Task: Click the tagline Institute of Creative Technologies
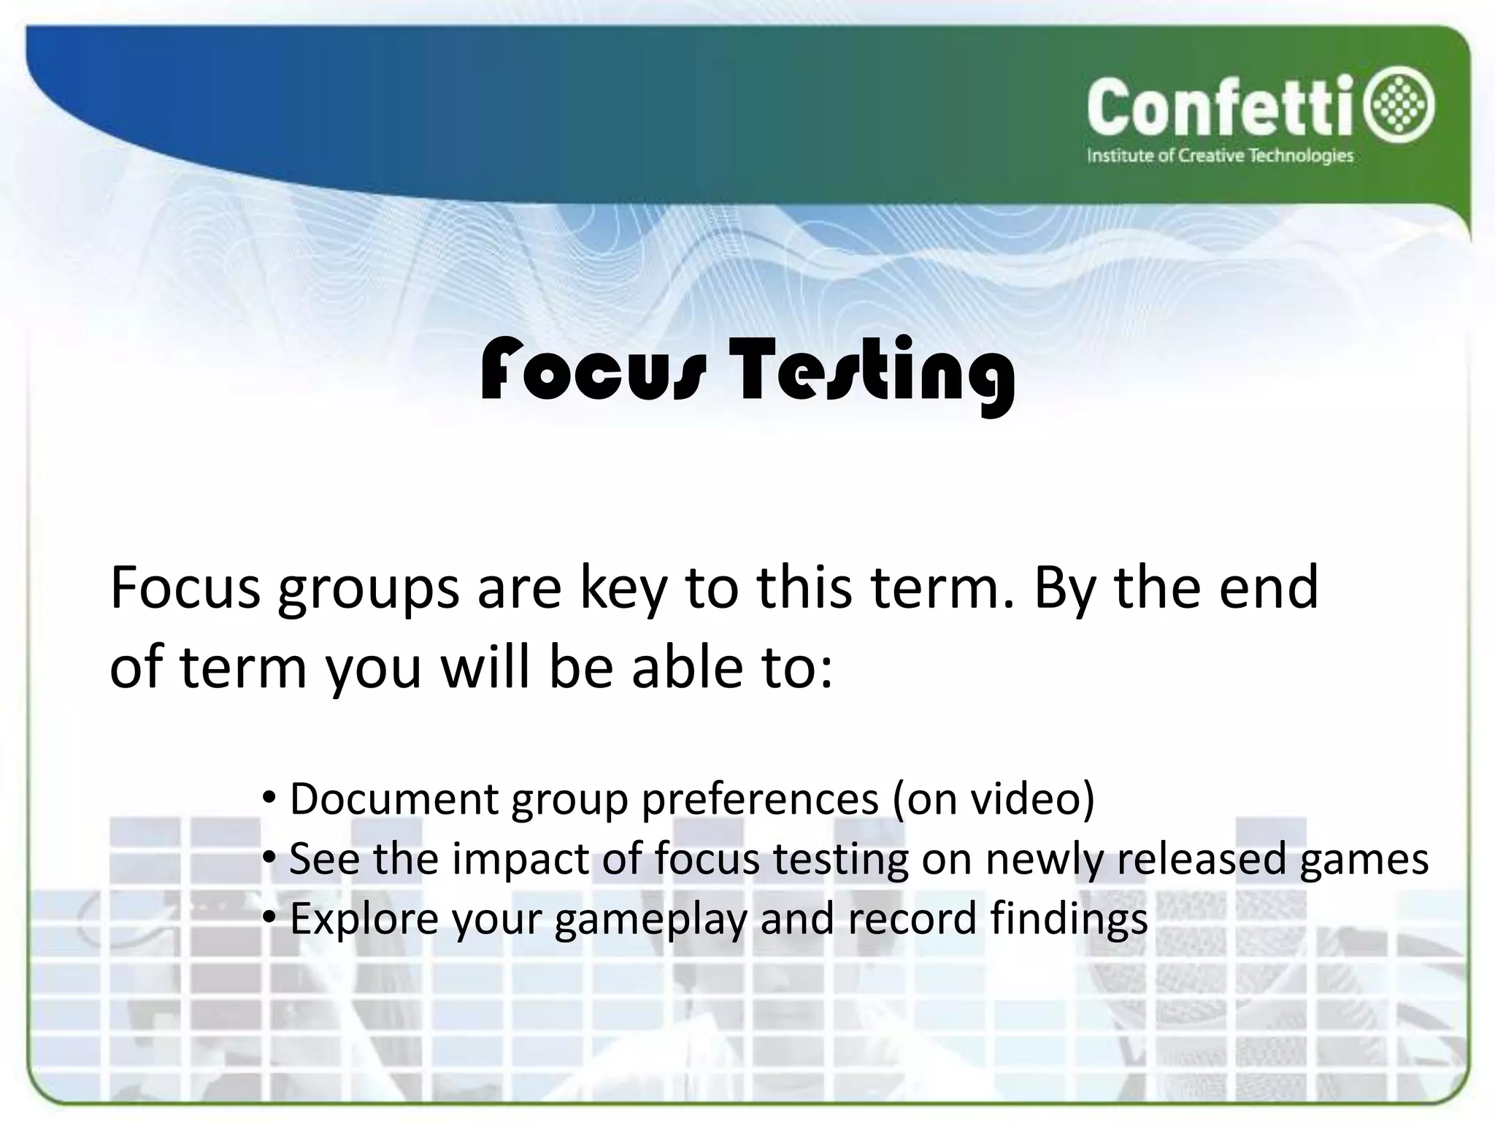pos(1220,156)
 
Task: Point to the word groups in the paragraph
pos(368,589)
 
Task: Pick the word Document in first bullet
pos(393,798)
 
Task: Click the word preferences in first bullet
pos(759,800)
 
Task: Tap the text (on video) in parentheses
pos(994,798)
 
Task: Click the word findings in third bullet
pos(1069,918)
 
